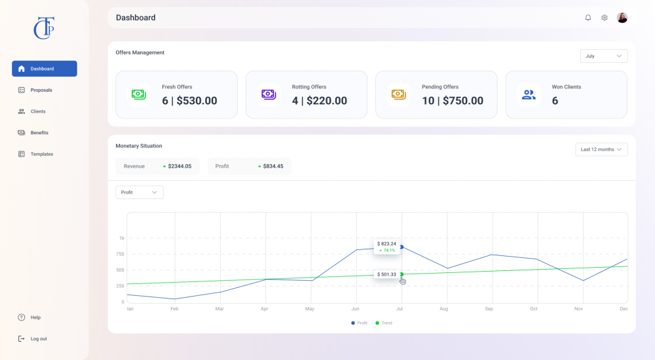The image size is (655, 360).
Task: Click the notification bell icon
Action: coord(588,18)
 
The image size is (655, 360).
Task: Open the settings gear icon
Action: coord(605,18)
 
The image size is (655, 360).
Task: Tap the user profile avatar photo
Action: coord(622,18)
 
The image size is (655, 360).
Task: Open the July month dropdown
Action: coord(604,56)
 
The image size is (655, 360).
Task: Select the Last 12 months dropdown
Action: coord(601,149)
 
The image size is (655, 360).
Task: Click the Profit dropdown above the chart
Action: coord(139,192)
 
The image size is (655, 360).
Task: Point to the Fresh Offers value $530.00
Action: coord(196,101)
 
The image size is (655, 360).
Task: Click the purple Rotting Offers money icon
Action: coord(269,94)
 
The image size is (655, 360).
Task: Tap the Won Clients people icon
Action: coord(529,95)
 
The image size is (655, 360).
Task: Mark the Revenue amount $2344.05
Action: coord(179,166)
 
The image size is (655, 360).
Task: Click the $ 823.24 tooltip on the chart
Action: coord(386,246)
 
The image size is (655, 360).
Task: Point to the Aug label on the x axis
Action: coord(443,309)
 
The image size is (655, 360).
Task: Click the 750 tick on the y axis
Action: coord(120,254)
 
